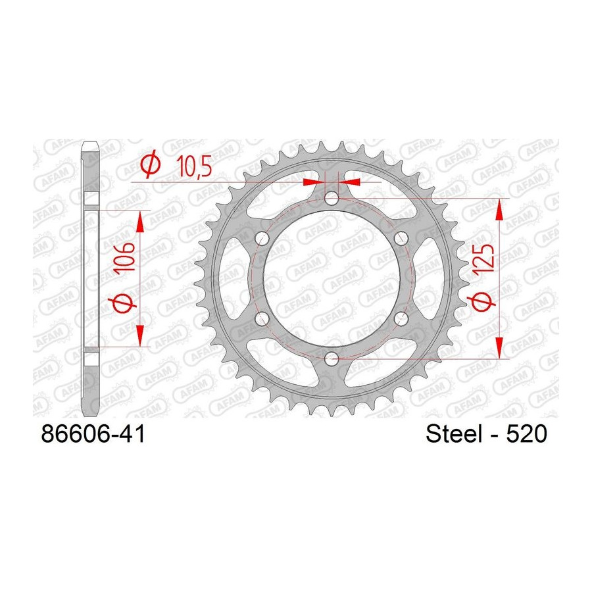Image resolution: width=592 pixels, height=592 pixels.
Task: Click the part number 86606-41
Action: [x=93, y=434]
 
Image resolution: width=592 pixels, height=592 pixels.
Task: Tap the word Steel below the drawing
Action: [x=455, y=434]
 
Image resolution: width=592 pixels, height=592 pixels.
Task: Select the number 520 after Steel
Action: [x=526, y=434]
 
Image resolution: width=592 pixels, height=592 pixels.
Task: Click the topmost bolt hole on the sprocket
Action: [x=332, y=198]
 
